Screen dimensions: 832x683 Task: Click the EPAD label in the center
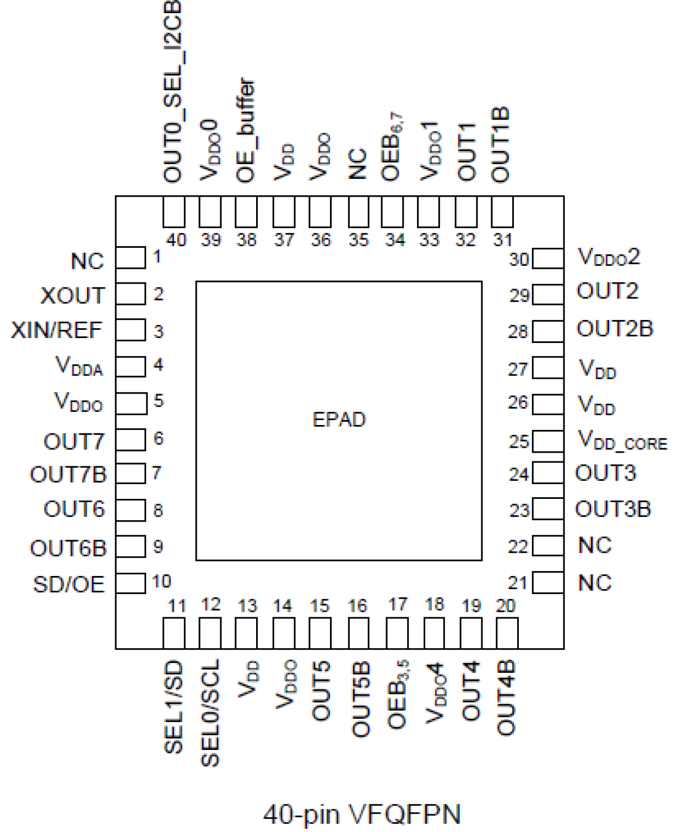pos(339,420)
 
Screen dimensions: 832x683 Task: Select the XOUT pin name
pos(72,296)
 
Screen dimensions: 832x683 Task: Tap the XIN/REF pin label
pos(57,330)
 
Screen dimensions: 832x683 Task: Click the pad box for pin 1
pos(131,258)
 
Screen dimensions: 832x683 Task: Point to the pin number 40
pos(176,240)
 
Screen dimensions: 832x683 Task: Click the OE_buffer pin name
pos(246,130)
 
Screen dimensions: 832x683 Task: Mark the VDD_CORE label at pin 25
pos(622,440)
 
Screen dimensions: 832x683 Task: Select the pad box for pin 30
pos(548,259)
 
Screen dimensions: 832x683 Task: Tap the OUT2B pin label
pos(614,329)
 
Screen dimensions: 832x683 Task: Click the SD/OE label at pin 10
pos(69,585)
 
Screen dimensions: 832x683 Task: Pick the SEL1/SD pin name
pos(173,707)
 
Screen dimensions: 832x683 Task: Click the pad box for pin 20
pos(507,633)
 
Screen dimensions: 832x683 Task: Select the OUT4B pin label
pos(506,698)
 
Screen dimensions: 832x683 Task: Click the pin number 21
pos(518,583)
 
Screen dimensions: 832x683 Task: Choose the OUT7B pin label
pos(68,475)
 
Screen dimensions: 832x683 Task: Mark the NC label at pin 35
pos(358,164)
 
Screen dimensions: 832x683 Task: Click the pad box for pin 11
pos(174,633)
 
